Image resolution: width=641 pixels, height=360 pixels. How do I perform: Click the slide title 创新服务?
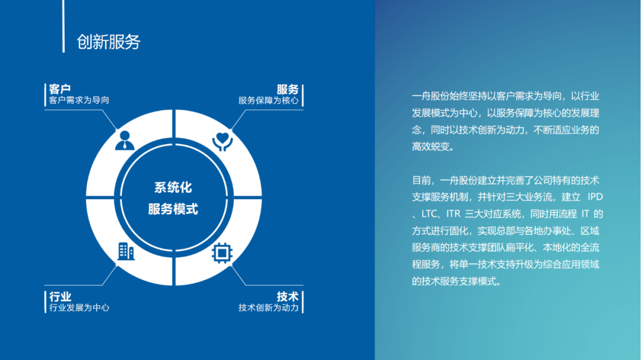click(x=109, y=42)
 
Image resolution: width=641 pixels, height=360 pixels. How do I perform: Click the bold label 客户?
click(x=60, y=89)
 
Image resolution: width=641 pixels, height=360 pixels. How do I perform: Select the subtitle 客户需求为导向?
click(x=79, y=100)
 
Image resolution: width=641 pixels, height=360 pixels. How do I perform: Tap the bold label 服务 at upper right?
click(x=287, y=89)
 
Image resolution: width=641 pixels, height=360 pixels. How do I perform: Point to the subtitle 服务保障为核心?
click(x=269, y=100)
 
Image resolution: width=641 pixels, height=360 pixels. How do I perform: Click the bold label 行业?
click(x=60, y=297)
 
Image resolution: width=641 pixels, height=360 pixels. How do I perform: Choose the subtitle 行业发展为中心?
click(x=79, y=307)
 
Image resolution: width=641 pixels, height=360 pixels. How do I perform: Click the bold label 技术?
click(x=287, y=297)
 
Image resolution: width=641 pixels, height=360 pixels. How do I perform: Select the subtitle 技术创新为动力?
click(x=269, y=307)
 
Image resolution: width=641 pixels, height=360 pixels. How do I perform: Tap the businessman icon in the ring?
click(x=125, y=140)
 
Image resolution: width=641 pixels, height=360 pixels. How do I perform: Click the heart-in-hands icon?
click(x=223, y=141)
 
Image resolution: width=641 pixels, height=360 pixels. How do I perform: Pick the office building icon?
click(x=126, y=251)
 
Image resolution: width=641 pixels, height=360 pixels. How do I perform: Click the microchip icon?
click(x=222, y=253)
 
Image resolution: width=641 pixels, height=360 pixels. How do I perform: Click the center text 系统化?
click(x=173, y=187)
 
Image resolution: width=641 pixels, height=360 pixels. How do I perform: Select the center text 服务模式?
click(x=173, y=209)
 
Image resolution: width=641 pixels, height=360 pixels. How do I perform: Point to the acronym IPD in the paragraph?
click(x=595, y=197)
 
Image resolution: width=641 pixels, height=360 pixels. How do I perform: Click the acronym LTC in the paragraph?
click(x=429, y=214)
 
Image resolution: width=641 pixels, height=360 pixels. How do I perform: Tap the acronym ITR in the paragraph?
click(x=453, y=214)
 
